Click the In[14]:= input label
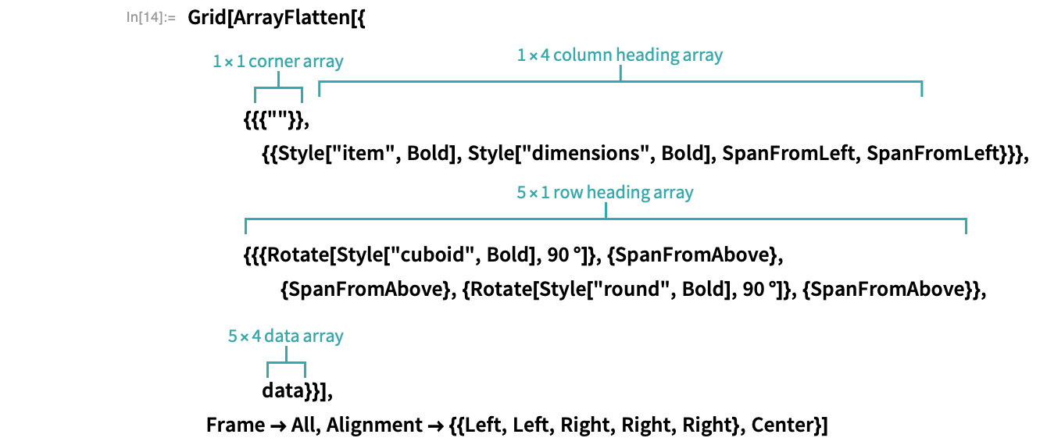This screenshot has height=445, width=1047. (152, 16)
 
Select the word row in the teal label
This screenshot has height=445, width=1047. (568, 192)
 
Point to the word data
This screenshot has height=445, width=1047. (281, 336)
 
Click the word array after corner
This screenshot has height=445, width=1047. (323, 61)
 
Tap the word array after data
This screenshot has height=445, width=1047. (323, 336)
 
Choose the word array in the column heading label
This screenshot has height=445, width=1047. (702, 55)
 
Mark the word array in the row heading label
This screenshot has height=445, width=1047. (672, 192)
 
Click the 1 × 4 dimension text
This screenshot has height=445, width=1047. (533, 55)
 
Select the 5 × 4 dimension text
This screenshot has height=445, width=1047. (243, 336)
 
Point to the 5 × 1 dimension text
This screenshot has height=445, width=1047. (532, 192)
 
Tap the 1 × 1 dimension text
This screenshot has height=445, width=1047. (228, 61)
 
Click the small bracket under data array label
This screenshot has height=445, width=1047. (286, 364)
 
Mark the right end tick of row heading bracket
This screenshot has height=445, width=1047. (966, 226)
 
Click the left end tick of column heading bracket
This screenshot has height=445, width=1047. (320, 88)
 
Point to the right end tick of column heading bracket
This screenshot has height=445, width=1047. (922, 88)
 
